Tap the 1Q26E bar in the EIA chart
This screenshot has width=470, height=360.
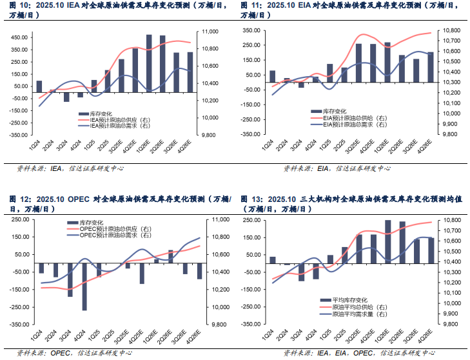[387, 63]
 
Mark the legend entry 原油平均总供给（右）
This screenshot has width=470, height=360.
[355, 307]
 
